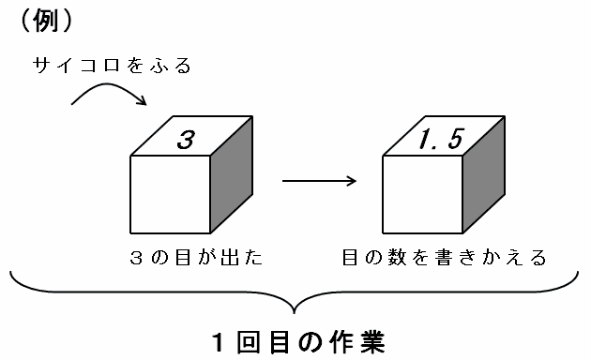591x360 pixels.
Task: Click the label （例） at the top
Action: point(46,21)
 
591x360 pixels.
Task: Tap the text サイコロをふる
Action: point(112,66)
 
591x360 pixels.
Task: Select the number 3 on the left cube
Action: point(186,140)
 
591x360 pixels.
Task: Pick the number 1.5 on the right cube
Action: point(441,139)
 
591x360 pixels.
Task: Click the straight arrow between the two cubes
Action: point(319,181)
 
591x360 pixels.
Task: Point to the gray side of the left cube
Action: point(232,174)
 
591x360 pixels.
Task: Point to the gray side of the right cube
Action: point(483,174)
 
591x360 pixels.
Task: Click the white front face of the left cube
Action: point(171,195)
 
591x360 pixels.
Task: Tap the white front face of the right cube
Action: point(422,195)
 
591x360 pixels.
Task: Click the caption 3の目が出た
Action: point(196,258)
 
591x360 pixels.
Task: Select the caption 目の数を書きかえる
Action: point(445,258)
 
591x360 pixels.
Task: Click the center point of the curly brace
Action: point(294,312)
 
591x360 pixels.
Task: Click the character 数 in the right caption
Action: point(398,258)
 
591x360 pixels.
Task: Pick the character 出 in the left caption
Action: point(230,258)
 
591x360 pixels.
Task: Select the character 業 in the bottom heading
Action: point(373,342)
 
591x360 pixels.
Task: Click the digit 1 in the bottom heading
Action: point(219,343)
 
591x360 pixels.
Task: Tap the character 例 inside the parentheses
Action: point(46,21)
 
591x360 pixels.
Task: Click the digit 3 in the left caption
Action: point(136,259)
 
